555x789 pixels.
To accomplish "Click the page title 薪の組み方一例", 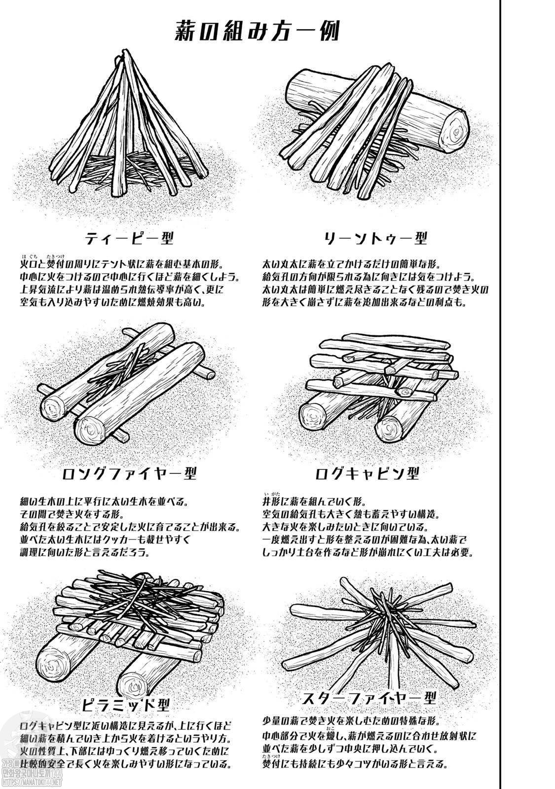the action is tap(257, 32).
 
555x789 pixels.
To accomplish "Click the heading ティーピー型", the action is tap(129, 239).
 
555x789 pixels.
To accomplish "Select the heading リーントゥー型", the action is tap(375, 239).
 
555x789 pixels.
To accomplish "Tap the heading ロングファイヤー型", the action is tap(129, 473).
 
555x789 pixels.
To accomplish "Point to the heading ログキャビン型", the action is tap(367, 473).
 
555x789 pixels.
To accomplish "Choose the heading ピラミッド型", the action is tap(126, 705).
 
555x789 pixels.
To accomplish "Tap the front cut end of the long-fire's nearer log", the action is tap(92, 430).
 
